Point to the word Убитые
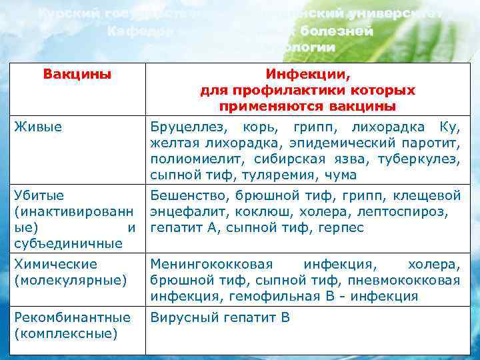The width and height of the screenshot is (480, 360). click(39, 196)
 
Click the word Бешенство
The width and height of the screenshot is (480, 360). click(186, 196)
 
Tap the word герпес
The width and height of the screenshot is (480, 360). click(342, 228)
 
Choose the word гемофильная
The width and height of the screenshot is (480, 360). click(301, 296)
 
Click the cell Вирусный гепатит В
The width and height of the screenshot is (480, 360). click(220, 317)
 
